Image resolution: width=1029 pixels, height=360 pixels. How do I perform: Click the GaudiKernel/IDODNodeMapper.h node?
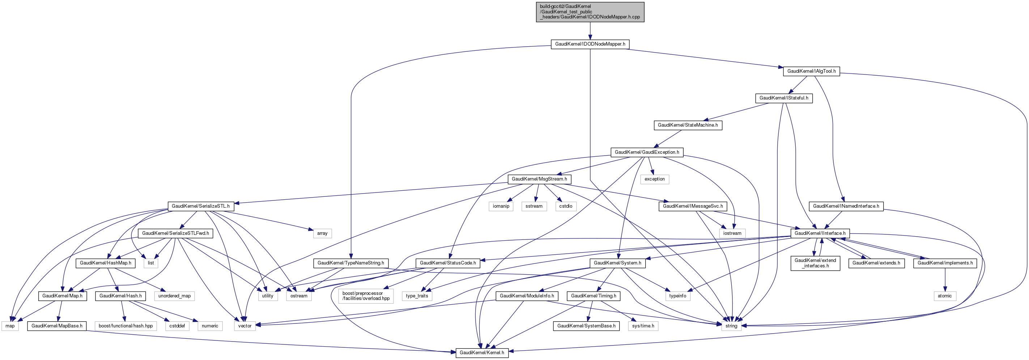click(x=590, y=44)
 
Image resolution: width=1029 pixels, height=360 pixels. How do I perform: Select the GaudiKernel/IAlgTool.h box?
click(x=811, y=71)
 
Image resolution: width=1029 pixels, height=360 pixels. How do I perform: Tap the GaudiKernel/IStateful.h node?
click(x=783, y=98)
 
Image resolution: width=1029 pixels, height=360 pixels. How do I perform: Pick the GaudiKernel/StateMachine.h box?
click(x=688, y=125)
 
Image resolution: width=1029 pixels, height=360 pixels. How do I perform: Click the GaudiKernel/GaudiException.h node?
click(x=647, y=152)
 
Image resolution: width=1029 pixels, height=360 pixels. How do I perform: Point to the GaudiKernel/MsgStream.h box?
click(x=539, y=179)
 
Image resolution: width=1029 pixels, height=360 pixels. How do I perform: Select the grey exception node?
click(x=654, y=179)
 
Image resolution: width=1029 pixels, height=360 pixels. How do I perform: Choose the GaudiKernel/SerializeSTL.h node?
click(x=200, y=206)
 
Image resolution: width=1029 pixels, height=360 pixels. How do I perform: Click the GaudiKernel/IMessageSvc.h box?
click(x=693, y=206)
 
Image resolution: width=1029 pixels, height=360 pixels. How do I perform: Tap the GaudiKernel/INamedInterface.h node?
click(x=846, y=206)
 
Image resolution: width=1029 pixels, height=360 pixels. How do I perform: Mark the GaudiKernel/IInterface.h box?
click(x=820, y=233)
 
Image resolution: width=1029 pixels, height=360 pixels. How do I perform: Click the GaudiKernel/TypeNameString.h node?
click(x=350, y=263)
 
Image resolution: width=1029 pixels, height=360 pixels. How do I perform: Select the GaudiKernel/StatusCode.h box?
click(x=447, y=263)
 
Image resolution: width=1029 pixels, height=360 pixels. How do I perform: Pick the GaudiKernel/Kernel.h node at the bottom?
click(x=482, y=352)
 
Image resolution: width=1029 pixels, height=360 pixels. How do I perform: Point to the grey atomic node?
click(x=944, y=296)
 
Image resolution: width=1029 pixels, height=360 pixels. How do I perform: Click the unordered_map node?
click(x=174, y=296)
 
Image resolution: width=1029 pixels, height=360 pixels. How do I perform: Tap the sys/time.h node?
click(x=643, y=326)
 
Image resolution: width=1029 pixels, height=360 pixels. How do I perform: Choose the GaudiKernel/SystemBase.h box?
click(x=586, y=326)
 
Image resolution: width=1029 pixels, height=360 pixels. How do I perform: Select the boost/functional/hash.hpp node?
click(x=126, y=326)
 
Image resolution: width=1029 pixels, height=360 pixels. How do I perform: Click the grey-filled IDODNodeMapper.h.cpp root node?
click(x=590, y=12)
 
